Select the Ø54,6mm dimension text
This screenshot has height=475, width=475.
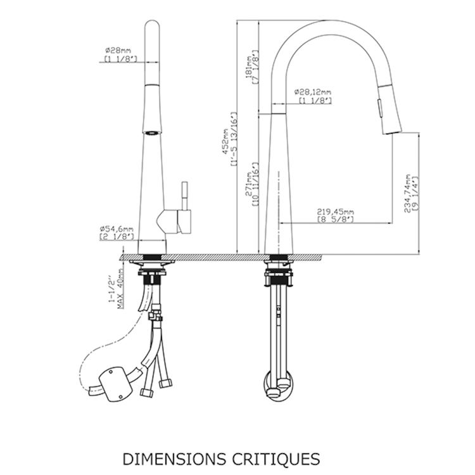pyautogui.click(x=117, y=228)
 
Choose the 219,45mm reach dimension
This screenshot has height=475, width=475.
pyautogui.click(x=335, y=212)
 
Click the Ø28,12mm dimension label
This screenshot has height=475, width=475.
pyautogui.click(x=313, y=92)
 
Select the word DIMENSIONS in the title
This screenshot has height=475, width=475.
pyautogui.click(x=168, y=457)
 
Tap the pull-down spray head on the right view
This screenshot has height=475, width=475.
pyautogui.click(x=384, y=110)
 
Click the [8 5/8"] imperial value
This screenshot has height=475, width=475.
pyautogui.click(x=335, y=219)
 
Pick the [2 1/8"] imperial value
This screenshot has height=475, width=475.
pyautogui.click(x=117, y=236)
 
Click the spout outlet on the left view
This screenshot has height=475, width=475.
pyautogui.click(x=151, y=132)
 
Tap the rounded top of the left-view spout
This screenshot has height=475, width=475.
pyautogui.click(x=152, y=27)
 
